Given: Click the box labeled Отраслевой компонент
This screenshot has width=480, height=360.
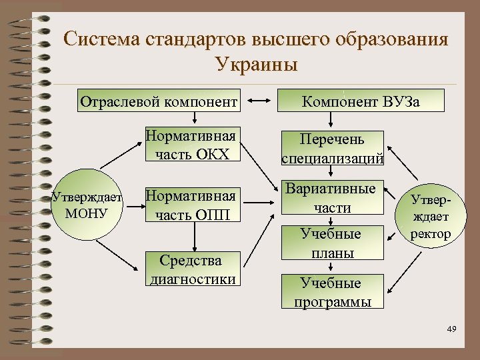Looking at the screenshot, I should pyautogui.click(x=158, y=102).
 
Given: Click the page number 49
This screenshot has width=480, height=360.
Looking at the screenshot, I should pyautogui.click(x=451, y=329).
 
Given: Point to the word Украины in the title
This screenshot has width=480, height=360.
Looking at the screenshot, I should pyautogui.click(x=257, y=65).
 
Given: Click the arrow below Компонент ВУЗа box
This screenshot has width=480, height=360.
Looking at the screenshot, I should pyautogui.click(x=331, y=121).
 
